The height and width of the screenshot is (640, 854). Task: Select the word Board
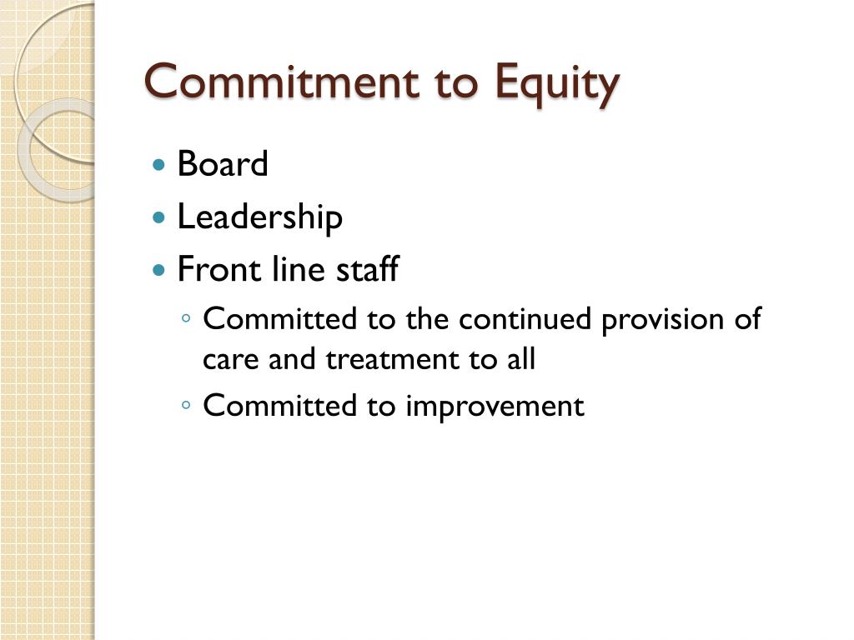tap(223, 164)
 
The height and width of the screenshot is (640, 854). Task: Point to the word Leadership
tap(259, 217)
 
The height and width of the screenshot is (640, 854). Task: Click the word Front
tap(208, 270)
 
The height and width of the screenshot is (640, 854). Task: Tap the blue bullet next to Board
tap(159, 165)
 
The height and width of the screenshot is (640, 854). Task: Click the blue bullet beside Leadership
tap(159, 218)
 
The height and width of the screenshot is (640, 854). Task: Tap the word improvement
tap(495, 407)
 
